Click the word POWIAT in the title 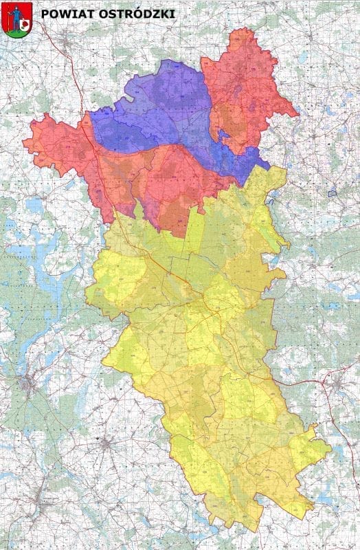pyautogui.click(x=61, y=13)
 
